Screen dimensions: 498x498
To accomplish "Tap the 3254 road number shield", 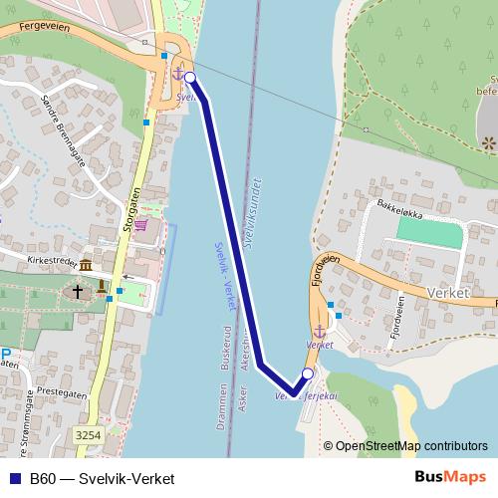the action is click(87, 435).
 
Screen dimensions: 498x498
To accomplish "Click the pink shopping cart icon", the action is click(141, 225).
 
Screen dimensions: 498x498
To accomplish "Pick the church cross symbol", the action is click(78, 292).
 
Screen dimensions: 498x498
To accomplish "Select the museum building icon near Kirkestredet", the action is click(86, 267).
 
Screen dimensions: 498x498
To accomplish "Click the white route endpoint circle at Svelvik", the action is click(189, 77).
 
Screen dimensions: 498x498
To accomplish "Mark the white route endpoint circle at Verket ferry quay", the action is click(307, 374).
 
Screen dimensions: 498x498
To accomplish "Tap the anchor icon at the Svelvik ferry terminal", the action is click(177, 74).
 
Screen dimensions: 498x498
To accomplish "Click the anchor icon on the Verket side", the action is click(319, 331).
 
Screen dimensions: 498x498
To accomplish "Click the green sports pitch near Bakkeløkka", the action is click(430, 231).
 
